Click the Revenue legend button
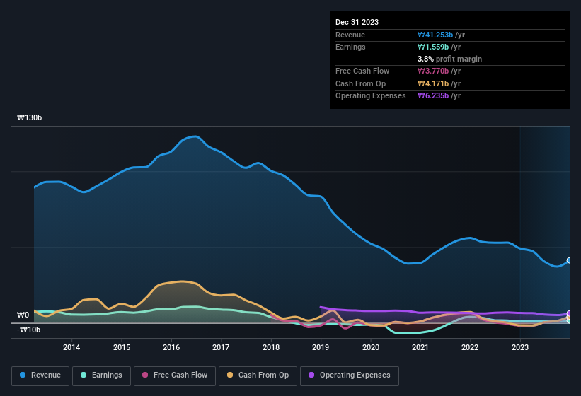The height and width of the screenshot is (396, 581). click(x=41, y=375)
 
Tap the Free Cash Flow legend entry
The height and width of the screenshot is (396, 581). click(x=175, y=375)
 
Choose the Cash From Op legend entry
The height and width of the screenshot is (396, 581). click(x=257, y=375)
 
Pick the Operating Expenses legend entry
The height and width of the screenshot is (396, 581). click(x=350, y=375)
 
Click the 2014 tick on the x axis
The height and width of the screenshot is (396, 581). click(x=71, y=347)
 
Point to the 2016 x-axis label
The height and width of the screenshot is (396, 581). click(x=171, y=347)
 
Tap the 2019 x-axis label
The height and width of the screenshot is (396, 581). click(x=321, y=347)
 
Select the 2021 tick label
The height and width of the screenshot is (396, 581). click(x=420, y=347)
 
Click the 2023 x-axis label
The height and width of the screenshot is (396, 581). click(x=520, y=347)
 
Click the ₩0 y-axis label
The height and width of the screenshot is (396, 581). click(x=23, y=315)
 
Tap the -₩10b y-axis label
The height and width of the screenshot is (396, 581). click(x=29, y=330)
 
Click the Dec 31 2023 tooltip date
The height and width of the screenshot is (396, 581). click(x=357, y=22)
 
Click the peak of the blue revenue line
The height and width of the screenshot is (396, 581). click(x=194, y=136)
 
